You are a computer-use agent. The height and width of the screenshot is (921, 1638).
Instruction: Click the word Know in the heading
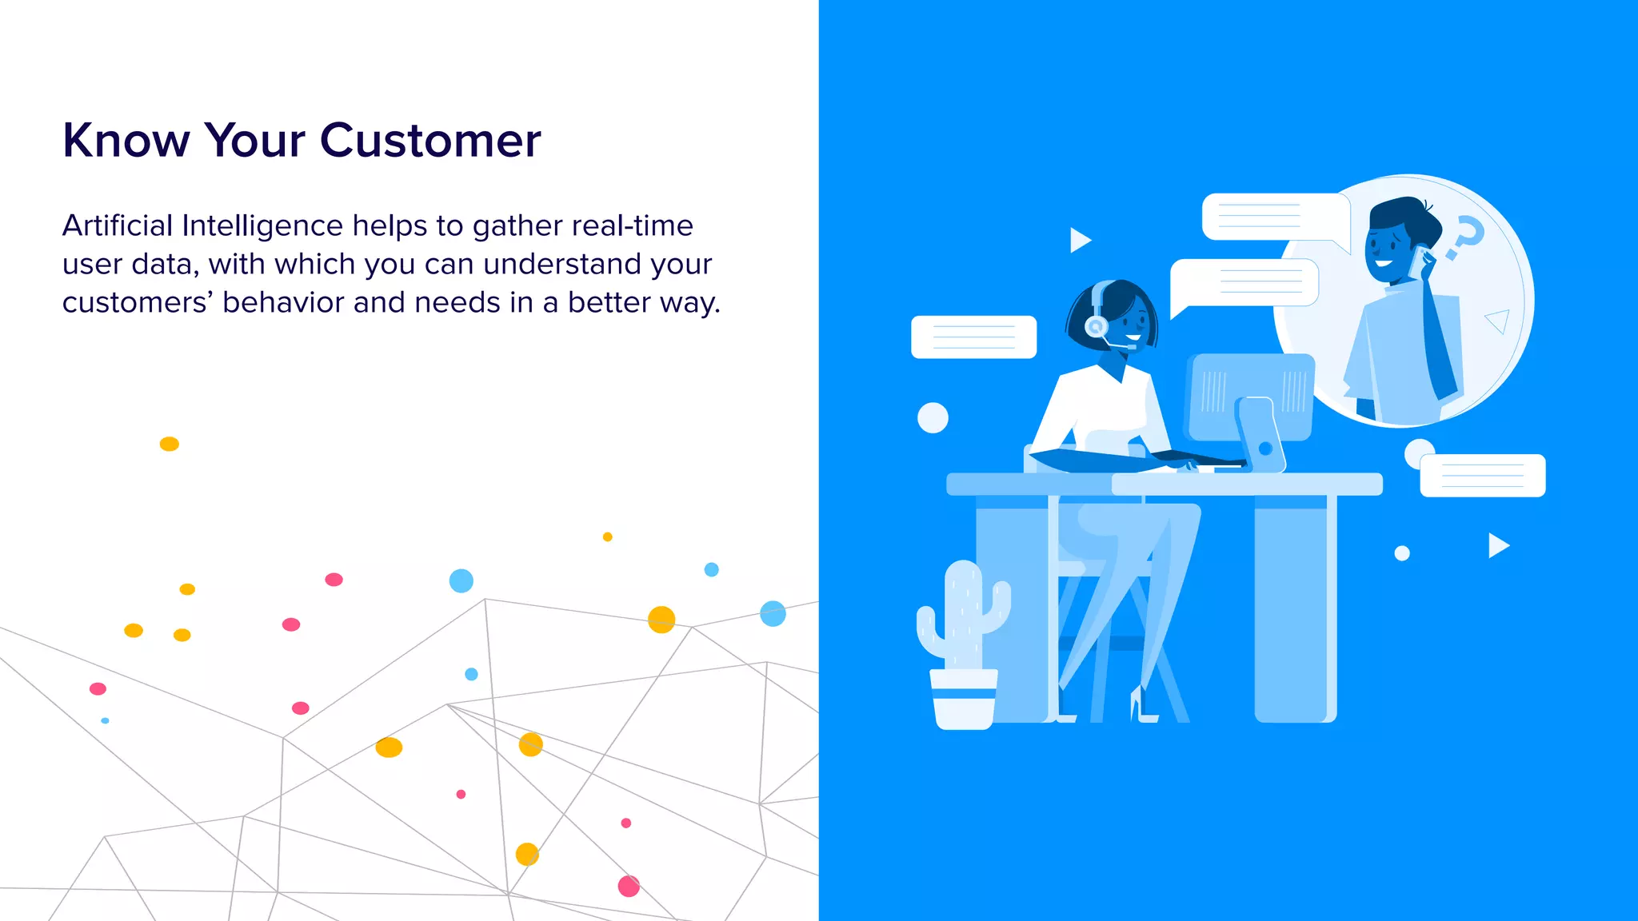pyautogui.click(x=126, y=141)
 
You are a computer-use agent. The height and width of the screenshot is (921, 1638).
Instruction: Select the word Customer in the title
pyautogui.click(x=430, y=141)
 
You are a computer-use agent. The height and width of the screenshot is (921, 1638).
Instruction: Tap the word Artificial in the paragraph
pyautogui.click(x=118, y=226)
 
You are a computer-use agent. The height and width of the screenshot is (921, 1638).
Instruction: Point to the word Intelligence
pyautogui.click(x=262, y=227)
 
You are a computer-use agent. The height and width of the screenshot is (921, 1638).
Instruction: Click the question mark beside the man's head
pyautogui.click(x=1465, y=237)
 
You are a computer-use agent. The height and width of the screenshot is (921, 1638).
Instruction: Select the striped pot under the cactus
pyautogui.click(x=964, y=699)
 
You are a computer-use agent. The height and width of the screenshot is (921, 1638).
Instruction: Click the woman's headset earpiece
pyautogui.click(x=1096, y=325)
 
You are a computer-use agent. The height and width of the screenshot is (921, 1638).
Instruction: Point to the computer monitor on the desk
pyautogui.click(x=1251, y=397)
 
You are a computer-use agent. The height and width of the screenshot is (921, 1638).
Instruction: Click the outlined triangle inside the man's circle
pyautogui.click(x=1498, y=321)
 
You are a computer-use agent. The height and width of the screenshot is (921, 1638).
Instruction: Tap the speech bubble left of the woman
pyautogui.click(x=973, y=337)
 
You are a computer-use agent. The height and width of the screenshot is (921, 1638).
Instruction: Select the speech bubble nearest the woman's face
pyautogui.click(x=1244, y=283)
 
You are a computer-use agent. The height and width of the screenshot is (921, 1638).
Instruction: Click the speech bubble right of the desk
pyautogui.click(x=1483, y=476)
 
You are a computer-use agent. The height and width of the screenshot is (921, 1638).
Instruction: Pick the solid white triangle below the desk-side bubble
pyautogui.click(x=1497, y=545)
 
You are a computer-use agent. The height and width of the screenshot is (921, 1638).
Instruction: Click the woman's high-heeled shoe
pyautogui.click(x=1141, y=707)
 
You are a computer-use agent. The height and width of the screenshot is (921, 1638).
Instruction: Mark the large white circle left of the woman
pyautogui.click(x=933, y=417)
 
